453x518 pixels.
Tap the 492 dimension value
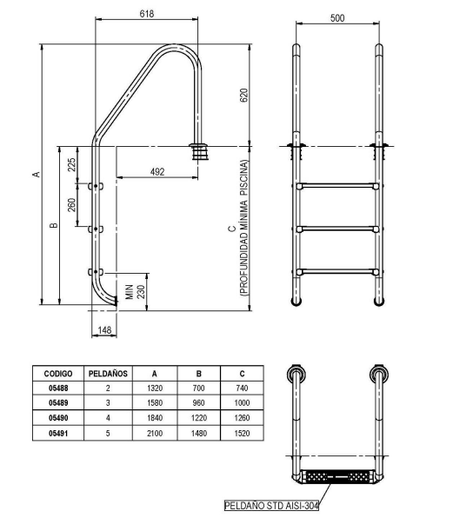pos(157,172)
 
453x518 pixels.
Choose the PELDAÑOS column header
pos(109,372)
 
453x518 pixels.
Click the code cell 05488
pos(58,389)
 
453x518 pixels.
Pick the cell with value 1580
pos(155,402)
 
